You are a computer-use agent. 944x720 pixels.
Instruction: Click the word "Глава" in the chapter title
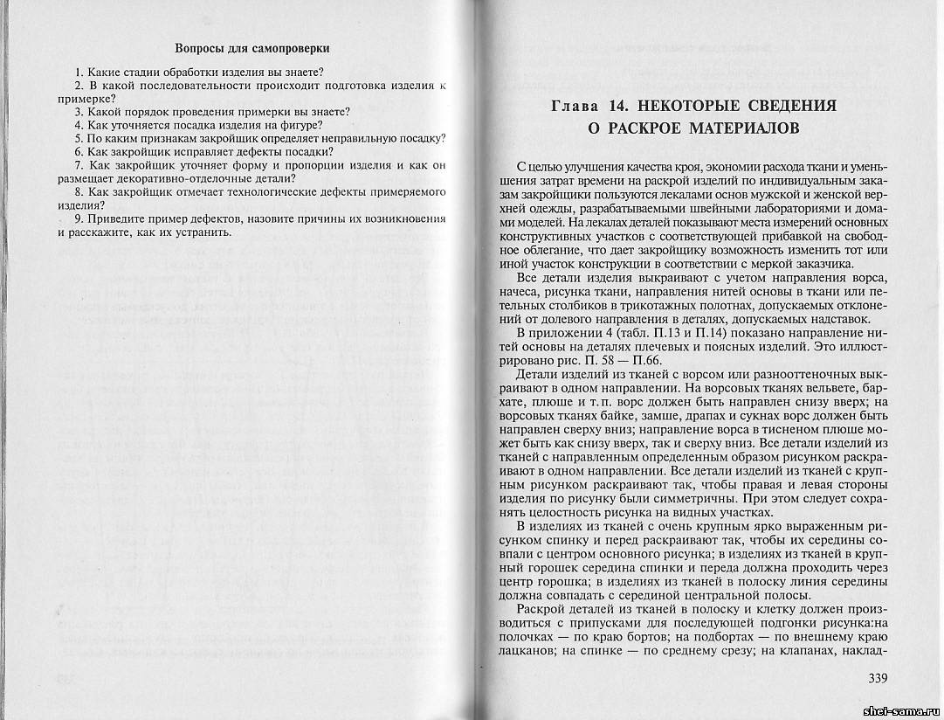[576, 107]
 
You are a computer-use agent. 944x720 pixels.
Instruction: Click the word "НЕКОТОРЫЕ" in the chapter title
[691, 107]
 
